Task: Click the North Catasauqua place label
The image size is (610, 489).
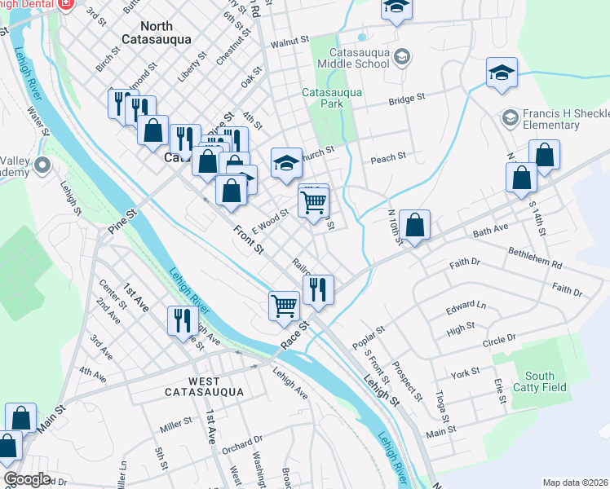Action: pos(156,32)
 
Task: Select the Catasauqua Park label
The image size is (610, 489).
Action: pos(332,98)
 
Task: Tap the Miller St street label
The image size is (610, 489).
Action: pos(175,423)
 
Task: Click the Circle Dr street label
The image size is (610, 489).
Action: pos(500,338)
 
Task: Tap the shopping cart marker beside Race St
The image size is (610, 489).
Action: pos(284,306)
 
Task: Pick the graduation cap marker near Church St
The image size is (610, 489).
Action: pos(286,162)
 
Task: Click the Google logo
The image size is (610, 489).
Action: pos(27,479)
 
